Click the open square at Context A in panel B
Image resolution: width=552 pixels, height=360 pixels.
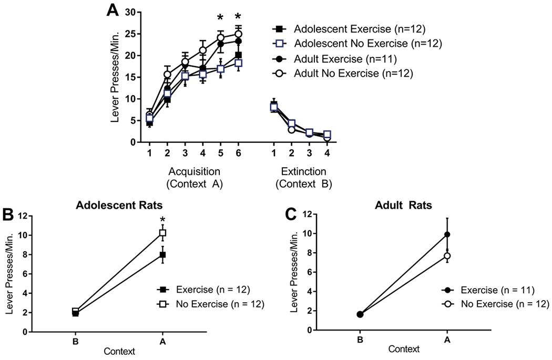point(163,232)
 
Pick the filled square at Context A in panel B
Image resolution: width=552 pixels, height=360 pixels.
point(163,255)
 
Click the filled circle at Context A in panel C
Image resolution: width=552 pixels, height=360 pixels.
point(447,234)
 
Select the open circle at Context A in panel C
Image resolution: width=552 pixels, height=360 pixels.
point(447,256)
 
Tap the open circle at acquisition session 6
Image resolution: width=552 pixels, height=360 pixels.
point(238,34)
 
